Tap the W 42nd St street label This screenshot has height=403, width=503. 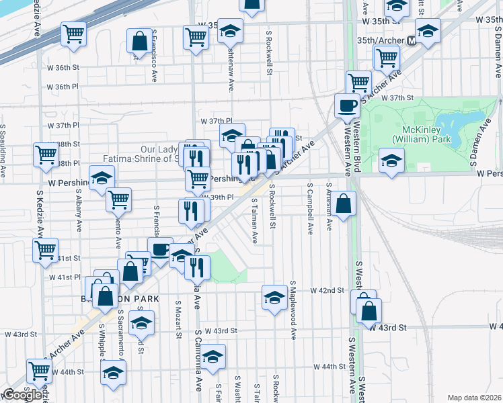327,290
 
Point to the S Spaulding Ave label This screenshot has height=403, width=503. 3,150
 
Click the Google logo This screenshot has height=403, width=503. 22,395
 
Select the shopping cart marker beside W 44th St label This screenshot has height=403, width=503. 40,370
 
